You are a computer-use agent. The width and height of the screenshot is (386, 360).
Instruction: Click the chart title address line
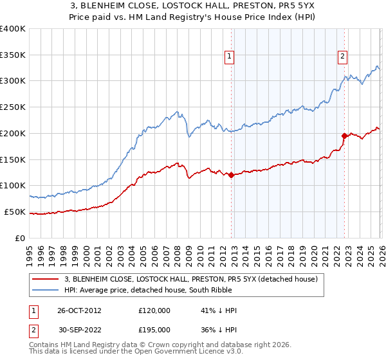point(193,6)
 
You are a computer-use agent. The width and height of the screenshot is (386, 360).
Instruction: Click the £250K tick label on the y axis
point(13,107)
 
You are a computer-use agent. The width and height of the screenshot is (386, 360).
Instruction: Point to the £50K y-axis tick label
point(15,212)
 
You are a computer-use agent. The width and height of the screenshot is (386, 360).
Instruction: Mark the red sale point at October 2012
point(232,175)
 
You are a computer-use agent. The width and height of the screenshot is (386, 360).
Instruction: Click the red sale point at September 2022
point(344,136)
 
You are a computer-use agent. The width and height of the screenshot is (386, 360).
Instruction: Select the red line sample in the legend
point(46,279)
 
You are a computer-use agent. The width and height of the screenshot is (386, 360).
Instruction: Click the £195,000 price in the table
point(154,328)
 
